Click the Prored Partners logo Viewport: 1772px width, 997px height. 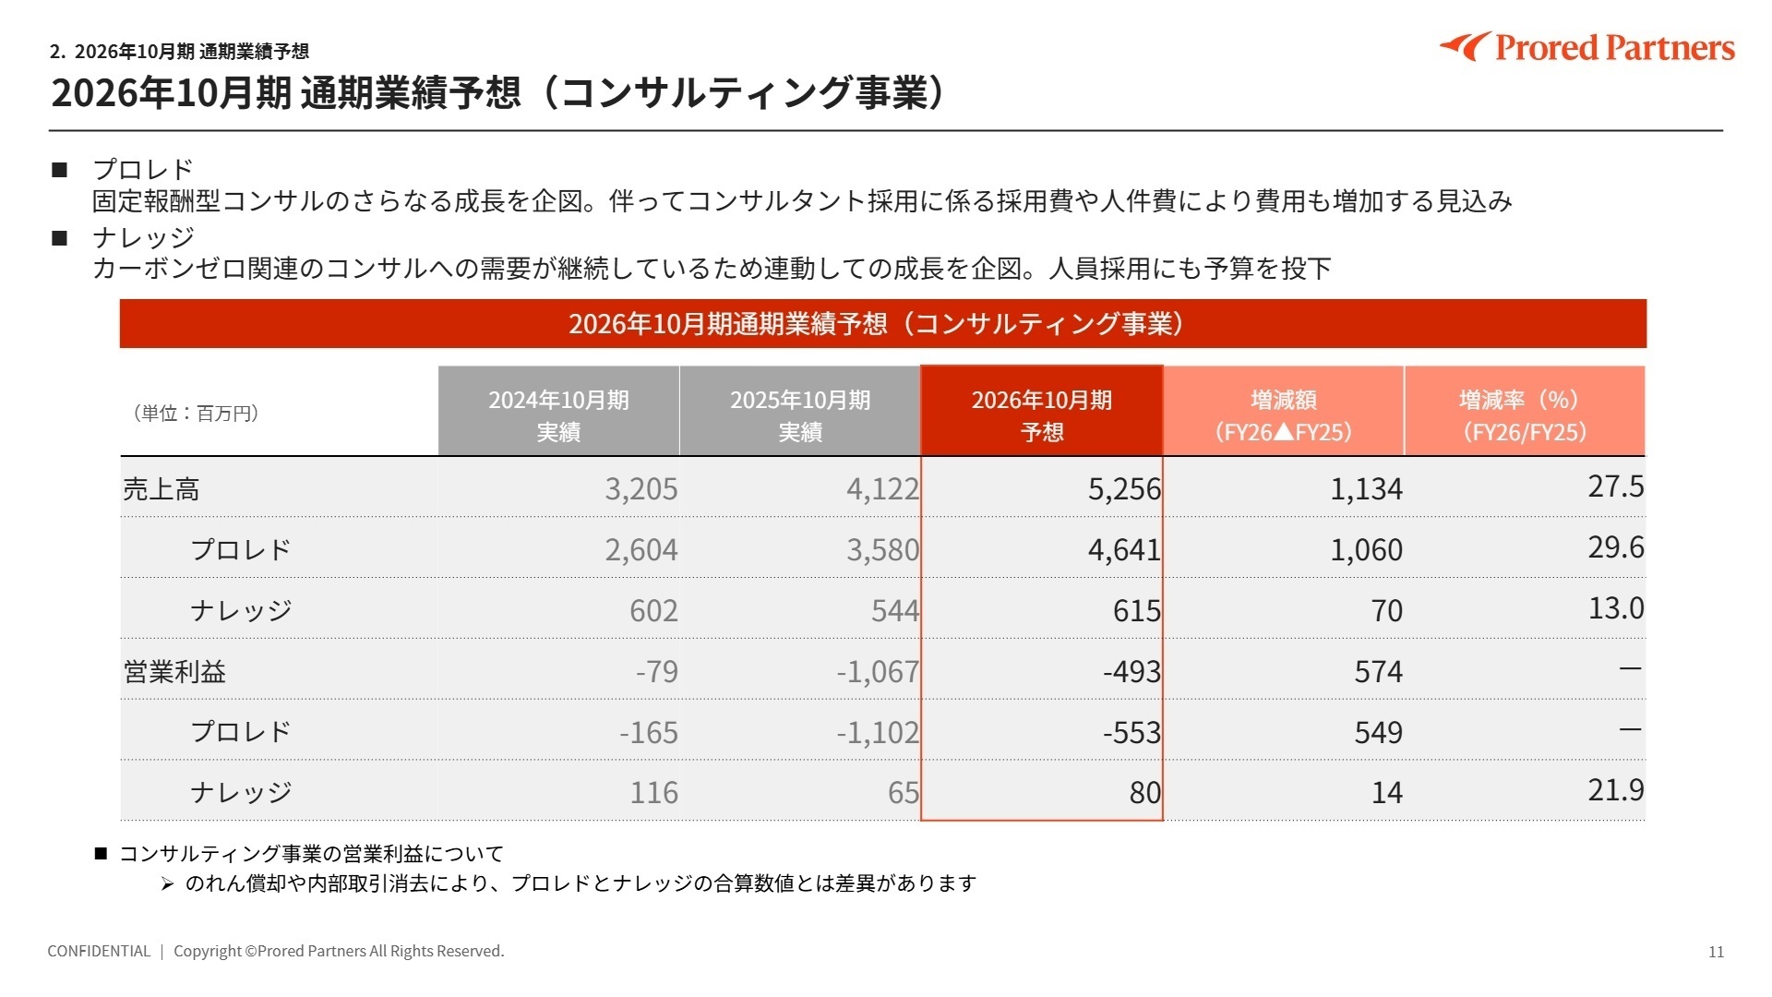1587,47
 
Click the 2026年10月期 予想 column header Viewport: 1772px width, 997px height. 1041,414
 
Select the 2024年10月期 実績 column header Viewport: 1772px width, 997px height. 558,414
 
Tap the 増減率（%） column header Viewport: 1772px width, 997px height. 1524,414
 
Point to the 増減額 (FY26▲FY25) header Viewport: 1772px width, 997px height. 1283,414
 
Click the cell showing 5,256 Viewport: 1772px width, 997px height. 1123,488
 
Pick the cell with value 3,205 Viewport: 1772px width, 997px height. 641,488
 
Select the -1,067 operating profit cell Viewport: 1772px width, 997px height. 877,671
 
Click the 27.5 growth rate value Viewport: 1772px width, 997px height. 1615,486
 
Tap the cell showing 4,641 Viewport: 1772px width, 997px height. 1123,549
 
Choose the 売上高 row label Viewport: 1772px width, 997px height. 162,489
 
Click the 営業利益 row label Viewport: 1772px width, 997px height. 174,671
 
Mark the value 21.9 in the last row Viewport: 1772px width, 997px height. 1615,789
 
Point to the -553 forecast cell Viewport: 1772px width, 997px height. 1131,732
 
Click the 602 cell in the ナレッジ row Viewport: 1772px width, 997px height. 653,610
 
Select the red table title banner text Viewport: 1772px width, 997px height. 877,324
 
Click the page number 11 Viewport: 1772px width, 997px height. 1716,952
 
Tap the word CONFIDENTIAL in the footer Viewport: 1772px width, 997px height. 99,951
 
